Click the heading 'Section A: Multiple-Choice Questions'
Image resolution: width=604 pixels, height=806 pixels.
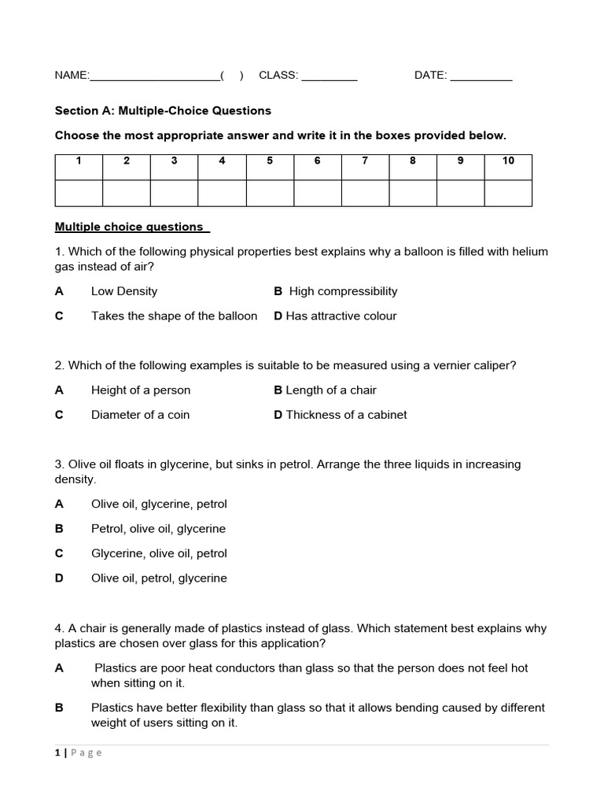tap(163, 111)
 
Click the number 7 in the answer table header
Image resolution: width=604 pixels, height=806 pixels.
tap(365, 161)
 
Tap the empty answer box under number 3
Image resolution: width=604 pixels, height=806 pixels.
tap(174, 193)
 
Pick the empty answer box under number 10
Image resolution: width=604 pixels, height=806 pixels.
tap(508, 193)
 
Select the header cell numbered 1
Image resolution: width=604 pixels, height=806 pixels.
tap(79, 161)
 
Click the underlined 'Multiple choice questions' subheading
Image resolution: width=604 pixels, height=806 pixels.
tap(130, 227)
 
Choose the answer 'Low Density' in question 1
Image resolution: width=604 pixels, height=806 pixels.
tap(124, 291)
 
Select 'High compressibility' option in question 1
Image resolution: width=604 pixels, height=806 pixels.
tap(343, 291)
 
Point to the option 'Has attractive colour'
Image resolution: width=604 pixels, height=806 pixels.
tap(341, 316)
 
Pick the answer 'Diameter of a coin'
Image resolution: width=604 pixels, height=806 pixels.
tap(140, 415)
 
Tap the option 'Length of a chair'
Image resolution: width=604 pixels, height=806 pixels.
tap(331, 390)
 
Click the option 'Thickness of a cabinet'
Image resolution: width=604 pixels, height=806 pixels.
tap(346, 415)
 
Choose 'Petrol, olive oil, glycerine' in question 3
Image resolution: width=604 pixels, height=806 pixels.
tap(158, 529)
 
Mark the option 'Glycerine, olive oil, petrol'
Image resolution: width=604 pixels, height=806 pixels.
tap(159, 553)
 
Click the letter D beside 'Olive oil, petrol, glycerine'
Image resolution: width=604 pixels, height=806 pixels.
tap(59, 578)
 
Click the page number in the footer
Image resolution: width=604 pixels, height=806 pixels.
tap(57, 752)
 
